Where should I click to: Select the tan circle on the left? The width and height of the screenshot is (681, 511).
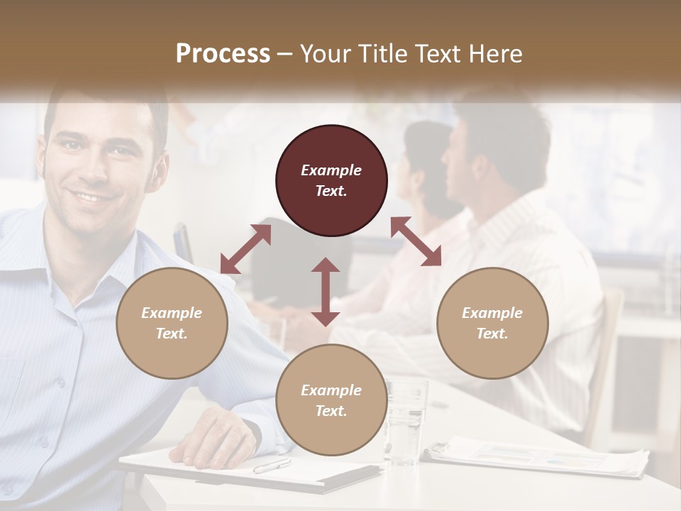(172, 324)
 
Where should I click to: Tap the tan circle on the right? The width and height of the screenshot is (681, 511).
(492, 324)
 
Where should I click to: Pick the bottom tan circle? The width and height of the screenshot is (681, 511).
(331, 400)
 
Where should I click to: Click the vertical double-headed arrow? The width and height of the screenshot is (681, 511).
(326, 292)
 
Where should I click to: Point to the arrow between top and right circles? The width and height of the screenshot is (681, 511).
(416, 241)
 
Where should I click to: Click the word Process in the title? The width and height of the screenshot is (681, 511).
(223, 54)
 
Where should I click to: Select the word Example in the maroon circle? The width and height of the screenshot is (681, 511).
(331, 170)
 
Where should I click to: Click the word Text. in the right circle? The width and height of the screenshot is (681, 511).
(492, 334)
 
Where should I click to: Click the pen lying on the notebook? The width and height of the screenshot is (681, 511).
(272, 466)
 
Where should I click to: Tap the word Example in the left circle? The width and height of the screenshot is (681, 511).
(172, 313)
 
